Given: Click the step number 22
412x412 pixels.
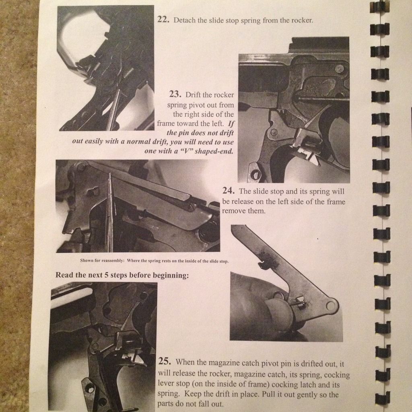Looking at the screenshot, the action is pos(163,19).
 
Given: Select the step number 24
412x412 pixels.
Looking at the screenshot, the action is pos(229,190).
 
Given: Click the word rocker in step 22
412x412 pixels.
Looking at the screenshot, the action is pos(302,20).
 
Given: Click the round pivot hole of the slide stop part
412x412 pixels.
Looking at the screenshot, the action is pos(331,306).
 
